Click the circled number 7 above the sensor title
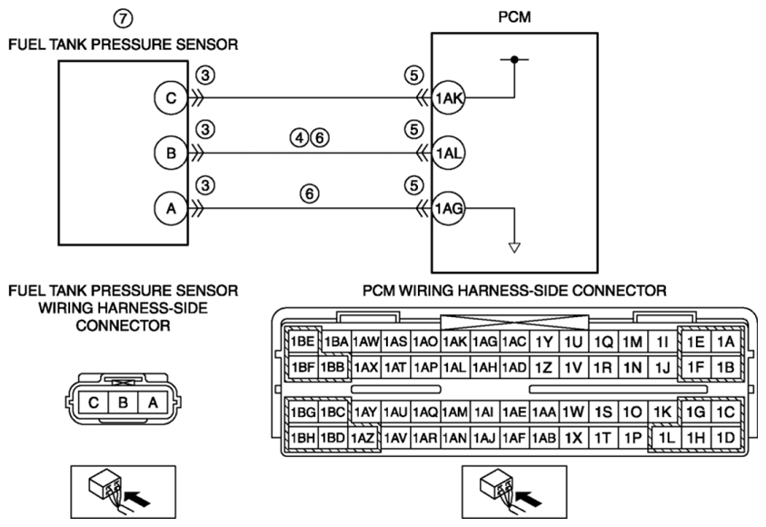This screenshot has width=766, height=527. pyautogui.click(x=123, y=18)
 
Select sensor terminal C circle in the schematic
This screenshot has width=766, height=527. pyautogui.click(x=171, y=98)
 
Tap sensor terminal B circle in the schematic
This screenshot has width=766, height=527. pyautogui.click(x=171, y=154)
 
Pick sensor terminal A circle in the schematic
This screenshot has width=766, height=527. pyautogui.click(x=171, y=209)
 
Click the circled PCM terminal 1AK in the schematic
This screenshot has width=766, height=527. pyautogui.click(x=449, y=98)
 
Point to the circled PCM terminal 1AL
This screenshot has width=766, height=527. pyautogui.click(x=449, y=154)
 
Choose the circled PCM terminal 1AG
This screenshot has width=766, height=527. pyautogui.click(x=449, y=209)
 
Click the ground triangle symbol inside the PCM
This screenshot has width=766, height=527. pyautogui.click(x=514, y=248)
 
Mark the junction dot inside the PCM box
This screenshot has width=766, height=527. pyautogui.click(x=514, y=60)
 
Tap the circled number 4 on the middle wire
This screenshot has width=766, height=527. pyautogui.click(x=299, y=138)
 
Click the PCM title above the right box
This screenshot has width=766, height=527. pyautogui.click(x=514, y=17)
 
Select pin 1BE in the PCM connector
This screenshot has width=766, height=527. pyautogui.click(x=303, y=342)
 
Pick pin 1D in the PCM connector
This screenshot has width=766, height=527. pyautogui.click(x=726, y=437)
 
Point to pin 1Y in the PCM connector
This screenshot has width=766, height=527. pyautogui.click(x=543, y=342)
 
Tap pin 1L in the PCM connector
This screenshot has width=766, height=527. pyautogui.click(x=666, y=438)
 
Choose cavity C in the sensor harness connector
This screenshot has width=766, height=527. pyautogui.click(x=94, y=403)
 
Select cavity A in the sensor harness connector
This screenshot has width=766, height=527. pyautogui.click(x=153, y=403)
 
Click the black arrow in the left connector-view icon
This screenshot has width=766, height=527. pyautogui.click(x=138, y=499)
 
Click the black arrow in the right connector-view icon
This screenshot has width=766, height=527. pyautogui.click(x=529, y=499)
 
